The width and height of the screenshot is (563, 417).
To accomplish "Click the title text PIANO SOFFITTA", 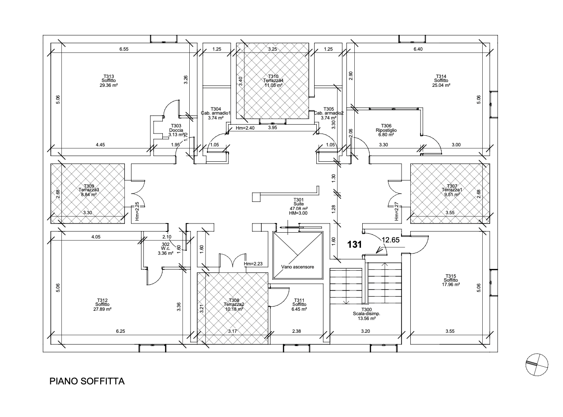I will point(87,381).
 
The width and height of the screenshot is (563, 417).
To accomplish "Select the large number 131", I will point(355,244).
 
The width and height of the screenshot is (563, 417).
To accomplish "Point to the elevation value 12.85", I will point(391,240).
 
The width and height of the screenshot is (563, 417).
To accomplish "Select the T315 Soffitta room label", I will point(452,280).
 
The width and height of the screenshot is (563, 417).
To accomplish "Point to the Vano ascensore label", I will point(297,267).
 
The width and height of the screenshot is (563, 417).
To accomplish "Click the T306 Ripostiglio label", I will point(386,130).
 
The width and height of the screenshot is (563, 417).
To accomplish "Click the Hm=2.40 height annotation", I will point(245,128).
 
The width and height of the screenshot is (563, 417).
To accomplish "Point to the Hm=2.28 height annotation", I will point(253,264).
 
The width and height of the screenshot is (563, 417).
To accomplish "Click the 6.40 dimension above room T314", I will point(418,49).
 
